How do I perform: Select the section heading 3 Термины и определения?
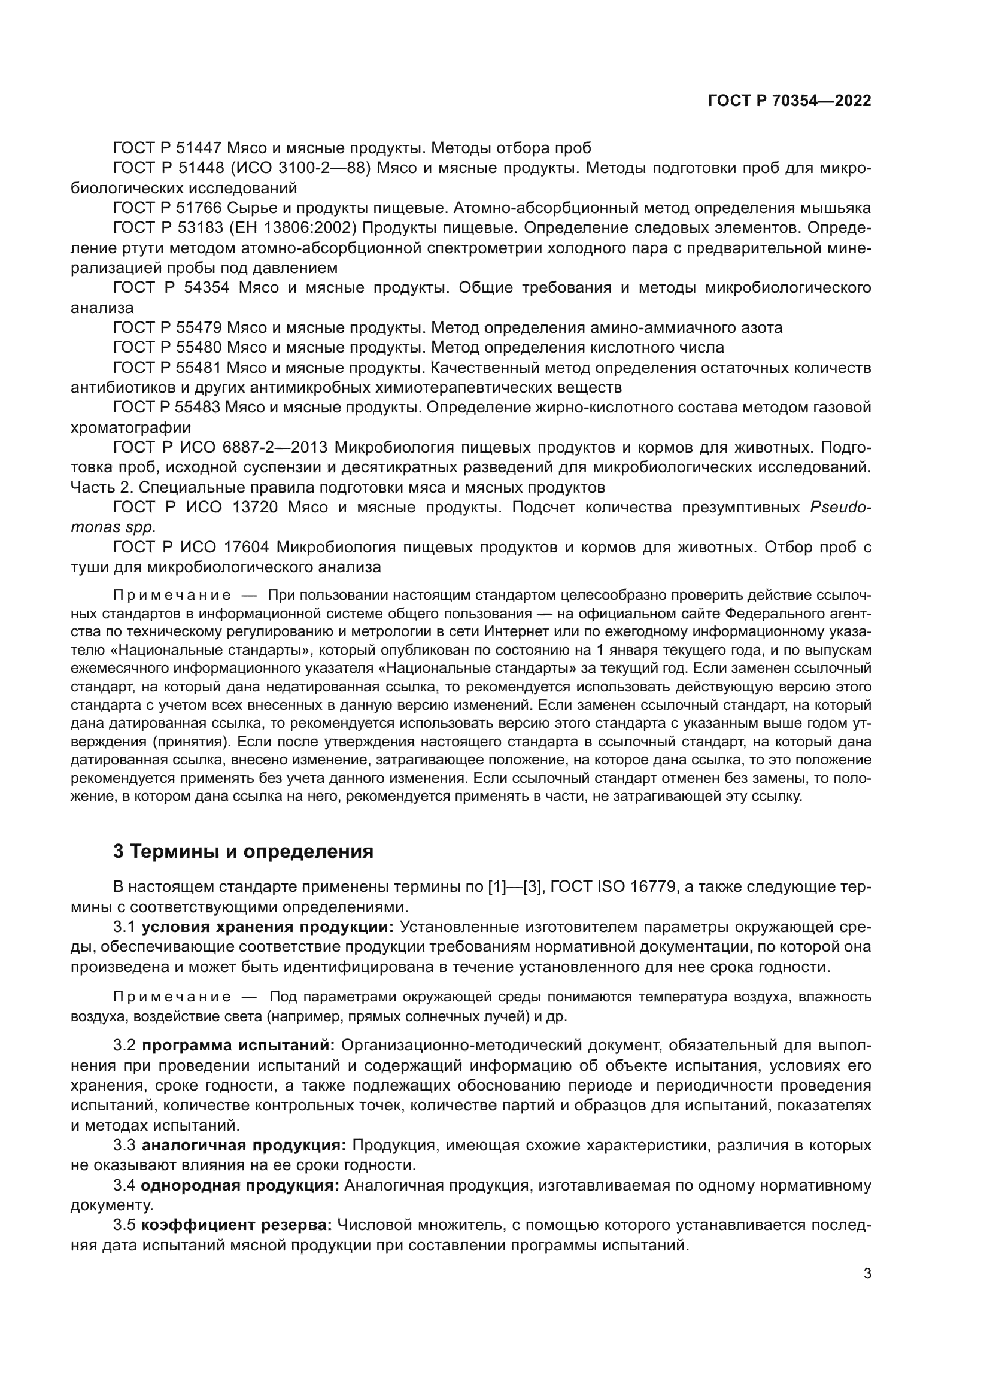[x=243, y=851]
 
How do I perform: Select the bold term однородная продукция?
[x=240, y=1186]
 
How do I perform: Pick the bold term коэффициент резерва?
[x=236, y=1226]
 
